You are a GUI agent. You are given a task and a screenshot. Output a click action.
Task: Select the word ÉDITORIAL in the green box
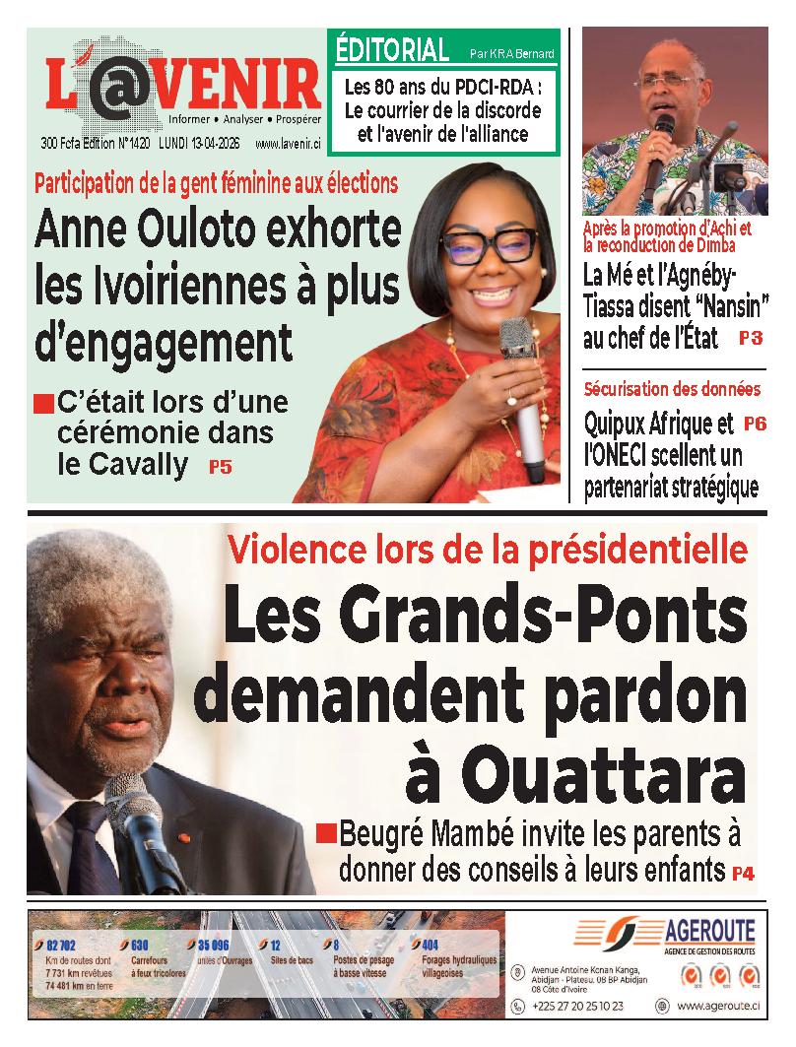tap(392, 47)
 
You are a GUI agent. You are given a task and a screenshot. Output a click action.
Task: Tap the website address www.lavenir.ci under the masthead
tap(288, 144)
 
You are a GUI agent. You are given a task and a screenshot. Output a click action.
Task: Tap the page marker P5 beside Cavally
tap(221, 468)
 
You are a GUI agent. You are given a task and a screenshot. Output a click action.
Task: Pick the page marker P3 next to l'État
tap(750, 338)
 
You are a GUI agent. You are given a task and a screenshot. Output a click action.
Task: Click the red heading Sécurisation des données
tap(671, 389)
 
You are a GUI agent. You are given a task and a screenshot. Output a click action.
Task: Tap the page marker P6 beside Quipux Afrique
tap(755, 425)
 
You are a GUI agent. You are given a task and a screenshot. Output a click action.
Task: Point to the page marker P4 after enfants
tap(742, 873)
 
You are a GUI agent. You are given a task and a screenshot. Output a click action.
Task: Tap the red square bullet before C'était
tap(42, 404)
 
